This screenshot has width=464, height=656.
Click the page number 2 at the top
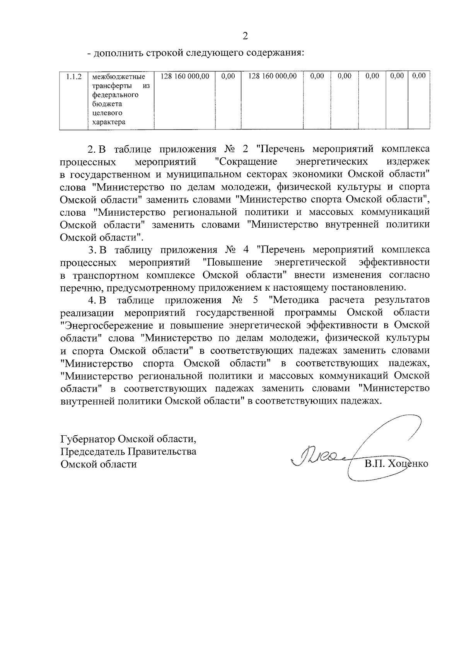pyautogui.click(x=245, y=36)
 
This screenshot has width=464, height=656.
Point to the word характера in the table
pyautogui.click(x=109, y=123)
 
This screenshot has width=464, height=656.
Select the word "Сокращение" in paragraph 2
pyautogui.click(x=246, y=161)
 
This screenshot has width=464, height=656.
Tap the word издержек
pyautogui.click(x=408, y=161)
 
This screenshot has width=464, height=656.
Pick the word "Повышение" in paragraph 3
pyautogui.click(x=233, y=262)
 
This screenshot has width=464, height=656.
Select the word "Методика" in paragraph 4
pyautogui.click(x=296, y=300)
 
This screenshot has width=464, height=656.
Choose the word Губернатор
pyautogui.click(x=88, y=439)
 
